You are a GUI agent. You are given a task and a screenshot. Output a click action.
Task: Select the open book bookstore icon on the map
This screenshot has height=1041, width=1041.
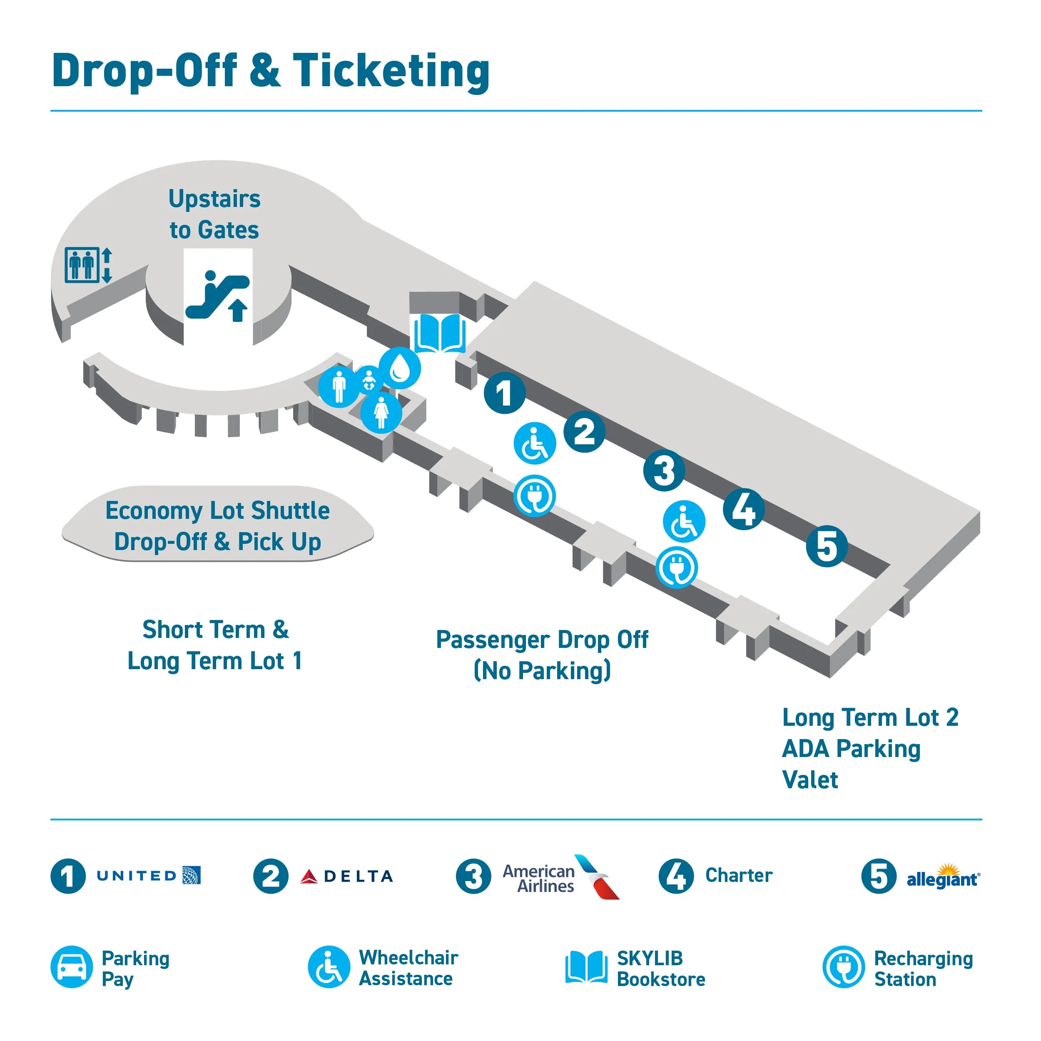(440, 333)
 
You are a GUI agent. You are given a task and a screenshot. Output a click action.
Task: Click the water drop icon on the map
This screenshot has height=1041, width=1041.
(400, 369)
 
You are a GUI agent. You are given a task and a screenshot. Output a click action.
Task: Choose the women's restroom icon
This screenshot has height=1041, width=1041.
(381, 413)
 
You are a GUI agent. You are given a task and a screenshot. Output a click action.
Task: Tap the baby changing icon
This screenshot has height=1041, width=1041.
(369, 379)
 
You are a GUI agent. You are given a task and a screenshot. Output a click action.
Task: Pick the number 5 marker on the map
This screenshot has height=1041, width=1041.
(827, 546)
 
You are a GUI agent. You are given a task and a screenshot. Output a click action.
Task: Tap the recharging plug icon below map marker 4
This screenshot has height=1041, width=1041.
(677, 568)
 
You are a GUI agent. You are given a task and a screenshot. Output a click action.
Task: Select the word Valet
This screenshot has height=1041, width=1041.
(810, 780)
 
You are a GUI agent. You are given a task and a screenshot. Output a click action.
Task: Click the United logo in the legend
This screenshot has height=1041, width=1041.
(149, 876)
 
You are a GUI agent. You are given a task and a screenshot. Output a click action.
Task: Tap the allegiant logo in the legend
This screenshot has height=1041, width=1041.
(943, 877)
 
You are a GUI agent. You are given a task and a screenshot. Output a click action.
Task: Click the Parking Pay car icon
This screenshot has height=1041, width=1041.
(72, 966)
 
